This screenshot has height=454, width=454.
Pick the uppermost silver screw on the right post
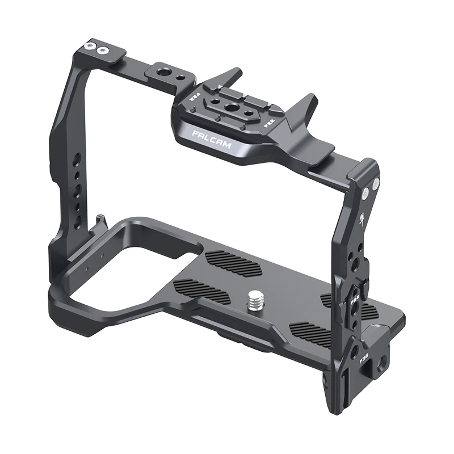pyautogui.click(x=375, y=183)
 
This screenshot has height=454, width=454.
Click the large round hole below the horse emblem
pyautogui.click(x=355, y=262)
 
